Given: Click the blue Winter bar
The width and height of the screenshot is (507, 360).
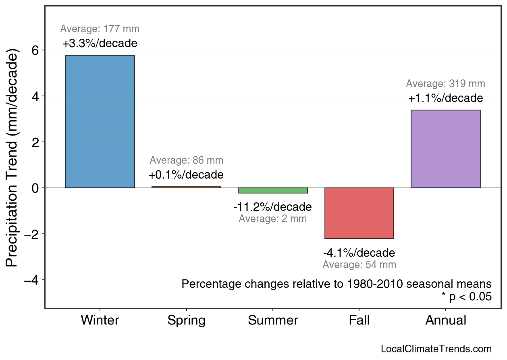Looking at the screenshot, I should click(100, 121).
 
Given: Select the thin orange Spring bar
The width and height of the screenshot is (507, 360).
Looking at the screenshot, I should click(186, 187).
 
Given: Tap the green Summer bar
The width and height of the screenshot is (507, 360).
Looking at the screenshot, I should click(273, 191).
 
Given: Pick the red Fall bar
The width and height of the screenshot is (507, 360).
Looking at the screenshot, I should click(359, 213).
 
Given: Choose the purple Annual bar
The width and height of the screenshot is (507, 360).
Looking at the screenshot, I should click(445, 149).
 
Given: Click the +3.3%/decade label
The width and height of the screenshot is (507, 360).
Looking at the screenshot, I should click(100, 44).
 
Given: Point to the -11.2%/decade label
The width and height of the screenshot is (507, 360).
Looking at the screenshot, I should click(272, 207).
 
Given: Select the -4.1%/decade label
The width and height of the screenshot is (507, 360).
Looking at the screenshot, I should click(359, 253).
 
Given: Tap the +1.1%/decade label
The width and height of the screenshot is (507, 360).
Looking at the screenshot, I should click(445, 98).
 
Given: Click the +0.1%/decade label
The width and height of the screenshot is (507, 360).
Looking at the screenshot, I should click(186, 175).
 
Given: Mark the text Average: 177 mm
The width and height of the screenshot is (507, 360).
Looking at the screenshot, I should click(100, 29).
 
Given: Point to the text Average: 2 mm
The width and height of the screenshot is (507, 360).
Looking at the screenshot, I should click(272, 219).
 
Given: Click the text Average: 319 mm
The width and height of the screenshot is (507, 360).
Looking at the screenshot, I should click(445, 84).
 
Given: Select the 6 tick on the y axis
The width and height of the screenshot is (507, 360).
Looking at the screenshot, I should click(35, 50).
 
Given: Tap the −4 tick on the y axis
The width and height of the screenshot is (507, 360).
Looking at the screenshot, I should click(32, 280).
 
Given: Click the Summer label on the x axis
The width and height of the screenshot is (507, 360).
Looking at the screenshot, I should click(273, 320).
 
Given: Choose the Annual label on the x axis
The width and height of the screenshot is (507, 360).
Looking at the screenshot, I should click(445, 320).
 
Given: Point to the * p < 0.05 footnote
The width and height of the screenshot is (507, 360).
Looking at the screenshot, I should click(466, 297).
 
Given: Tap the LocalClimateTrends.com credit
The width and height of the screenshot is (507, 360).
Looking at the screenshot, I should click(436, 349).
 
